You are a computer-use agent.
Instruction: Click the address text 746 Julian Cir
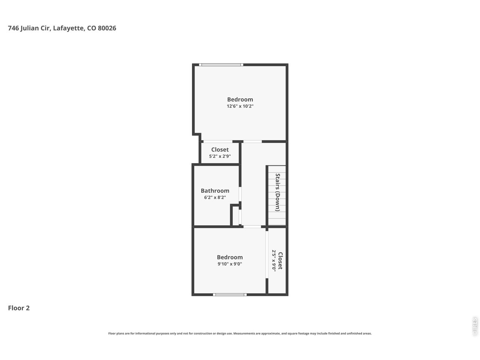pos(62,28)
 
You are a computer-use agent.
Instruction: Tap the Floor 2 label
pos(19,308)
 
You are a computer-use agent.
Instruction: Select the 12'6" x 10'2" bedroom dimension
pos(240,106)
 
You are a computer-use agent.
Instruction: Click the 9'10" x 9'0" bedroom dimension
pos(229,264)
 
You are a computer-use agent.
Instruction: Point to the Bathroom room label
pos(215,190)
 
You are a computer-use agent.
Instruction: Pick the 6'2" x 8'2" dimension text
pos(215,197)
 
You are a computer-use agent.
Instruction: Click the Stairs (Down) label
pos(278,192)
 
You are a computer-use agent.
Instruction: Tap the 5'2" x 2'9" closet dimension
pos(220,156)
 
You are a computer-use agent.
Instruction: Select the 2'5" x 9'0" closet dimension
pos(274,260)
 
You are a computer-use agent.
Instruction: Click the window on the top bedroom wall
pos(221,65)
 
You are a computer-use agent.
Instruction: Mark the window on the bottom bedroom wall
pos(229,295)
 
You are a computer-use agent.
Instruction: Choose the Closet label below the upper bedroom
pos(220,150)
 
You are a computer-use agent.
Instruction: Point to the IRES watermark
pos(475,326)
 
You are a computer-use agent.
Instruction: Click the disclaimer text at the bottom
pos(240,333)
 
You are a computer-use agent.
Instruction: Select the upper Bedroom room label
pos(240,99)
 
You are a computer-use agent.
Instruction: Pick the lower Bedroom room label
pos(229,257)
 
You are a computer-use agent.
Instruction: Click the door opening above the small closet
pos(217,141)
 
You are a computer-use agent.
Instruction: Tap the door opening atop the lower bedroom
pos(252,226)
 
